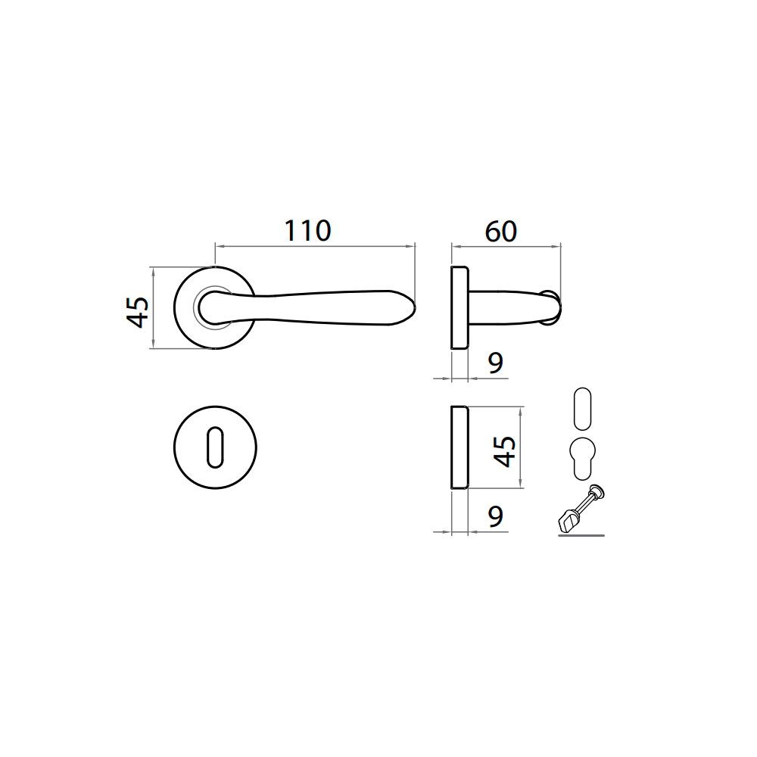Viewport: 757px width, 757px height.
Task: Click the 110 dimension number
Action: (x=307, y=231)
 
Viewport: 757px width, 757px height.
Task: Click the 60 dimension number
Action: (x=501, y=231)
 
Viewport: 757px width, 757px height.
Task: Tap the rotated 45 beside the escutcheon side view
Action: (x=505, y=451)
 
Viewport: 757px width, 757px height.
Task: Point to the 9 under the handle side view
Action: (x=496, y=363)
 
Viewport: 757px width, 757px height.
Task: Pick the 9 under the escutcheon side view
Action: (x=496, y=516)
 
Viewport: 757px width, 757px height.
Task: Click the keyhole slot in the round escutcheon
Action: (x=215, y=447)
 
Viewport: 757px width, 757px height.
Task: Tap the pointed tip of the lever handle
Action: (x=415, y=307)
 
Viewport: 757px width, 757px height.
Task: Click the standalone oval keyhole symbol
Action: (x=583, y=409)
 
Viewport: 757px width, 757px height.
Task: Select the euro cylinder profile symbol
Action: (x=583, y=459)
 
